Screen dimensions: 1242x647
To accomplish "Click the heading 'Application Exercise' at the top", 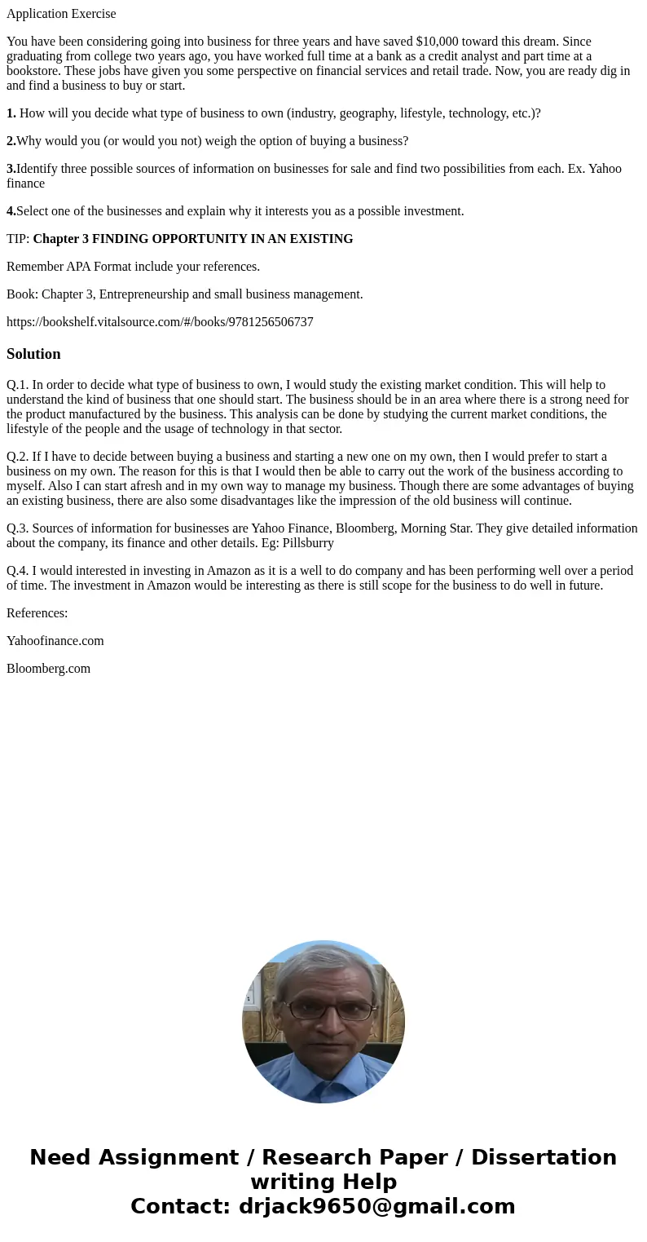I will coord(61,14).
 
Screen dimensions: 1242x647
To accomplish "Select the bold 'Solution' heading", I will coord(33,354).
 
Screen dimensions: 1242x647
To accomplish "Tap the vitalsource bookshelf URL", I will coord(160,322).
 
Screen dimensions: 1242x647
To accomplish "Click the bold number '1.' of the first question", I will coord(11,113).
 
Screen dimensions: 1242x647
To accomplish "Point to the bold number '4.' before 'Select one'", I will coord(11,211).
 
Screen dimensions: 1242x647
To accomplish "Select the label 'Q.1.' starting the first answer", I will coord(17,385).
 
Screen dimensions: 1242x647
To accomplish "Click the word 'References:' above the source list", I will coord(37,613).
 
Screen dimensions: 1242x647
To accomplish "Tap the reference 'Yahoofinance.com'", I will coord(55,641).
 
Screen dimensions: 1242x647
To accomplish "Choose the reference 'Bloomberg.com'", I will coord(48,669).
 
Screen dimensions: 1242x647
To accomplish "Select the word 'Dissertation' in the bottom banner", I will coord(544,1158).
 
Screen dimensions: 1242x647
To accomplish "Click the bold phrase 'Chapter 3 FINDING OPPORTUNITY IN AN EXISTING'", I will coord(193,239).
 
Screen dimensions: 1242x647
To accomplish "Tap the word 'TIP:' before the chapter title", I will coord(18,239).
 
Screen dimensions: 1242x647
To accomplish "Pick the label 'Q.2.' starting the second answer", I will coord(17,457).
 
